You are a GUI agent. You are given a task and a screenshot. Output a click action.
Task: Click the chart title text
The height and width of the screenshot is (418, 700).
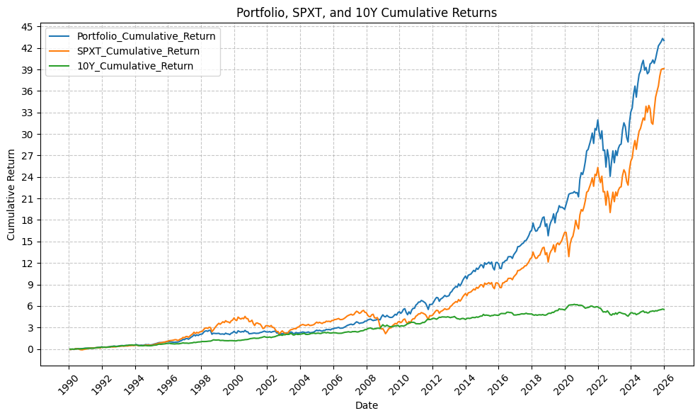(x=367, y=12)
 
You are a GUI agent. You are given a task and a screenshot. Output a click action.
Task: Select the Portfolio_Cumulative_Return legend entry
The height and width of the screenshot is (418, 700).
(x=156, y=36)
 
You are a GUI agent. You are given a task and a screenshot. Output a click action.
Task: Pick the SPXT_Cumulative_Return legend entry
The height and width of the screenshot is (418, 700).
(x=147, y=51)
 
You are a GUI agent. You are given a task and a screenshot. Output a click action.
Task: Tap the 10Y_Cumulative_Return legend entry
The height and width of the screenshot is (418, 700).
(x=144, y=66)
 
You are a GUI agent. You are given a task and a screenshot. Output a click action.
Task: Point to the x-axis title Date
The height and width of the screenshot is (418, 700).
(x=367, y=406)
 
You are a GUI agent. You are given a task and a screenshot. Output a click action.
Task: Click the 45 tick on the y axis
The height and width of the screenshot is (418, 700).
(x=27, y=27)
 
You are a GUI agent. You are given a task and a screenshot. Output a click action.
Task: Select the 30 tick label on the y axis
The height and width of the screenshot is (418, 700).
(x=27, y=135)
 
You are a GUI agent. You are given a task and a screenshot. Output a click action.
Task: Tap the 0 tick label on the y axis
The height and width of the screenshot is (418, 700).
(x=30, y=349)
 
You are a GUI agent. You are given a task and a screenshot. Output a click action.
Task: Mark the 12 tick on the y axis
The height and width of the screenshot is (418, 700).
(x=27, y=264)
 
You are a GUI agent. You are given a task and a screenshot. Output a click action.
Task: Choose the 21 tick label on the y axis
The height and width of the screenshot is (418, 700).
(x=27, y=199)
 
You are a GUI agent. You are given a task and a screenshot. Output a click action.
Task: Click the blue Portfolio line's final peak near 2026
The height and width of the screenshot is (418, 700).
(x=662, y=38)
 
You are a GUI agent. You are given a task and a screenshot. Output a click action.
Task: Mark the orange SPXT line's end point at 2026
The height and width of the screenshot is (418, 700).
(x=664, y=69)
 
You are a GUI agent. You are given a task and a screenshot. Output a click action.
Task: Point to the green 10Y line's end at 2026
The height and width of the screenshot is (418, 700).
(x=664, y=309)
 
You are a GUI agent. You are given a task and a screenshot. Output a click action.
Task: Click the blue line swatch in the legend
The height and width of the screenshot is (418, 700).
(x=60, y=36)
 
